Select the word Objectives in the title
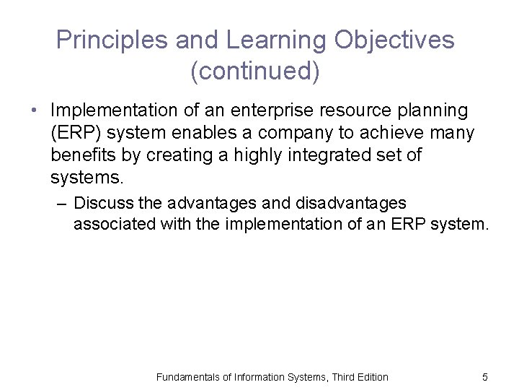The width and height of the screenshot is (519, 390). (x=394, y=40)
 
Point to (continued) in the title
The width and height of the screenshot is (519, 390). (x=255, y=71)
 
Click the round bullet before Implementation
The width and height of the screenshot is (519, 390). (x=33, y=111)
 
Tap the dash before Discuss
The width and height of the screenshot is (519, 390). (x=62, y=204)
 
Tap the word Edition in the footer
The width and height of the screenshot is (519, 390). (x=371, y=377)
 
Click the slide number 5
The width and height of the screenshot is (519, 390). (x=485, y=377)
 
